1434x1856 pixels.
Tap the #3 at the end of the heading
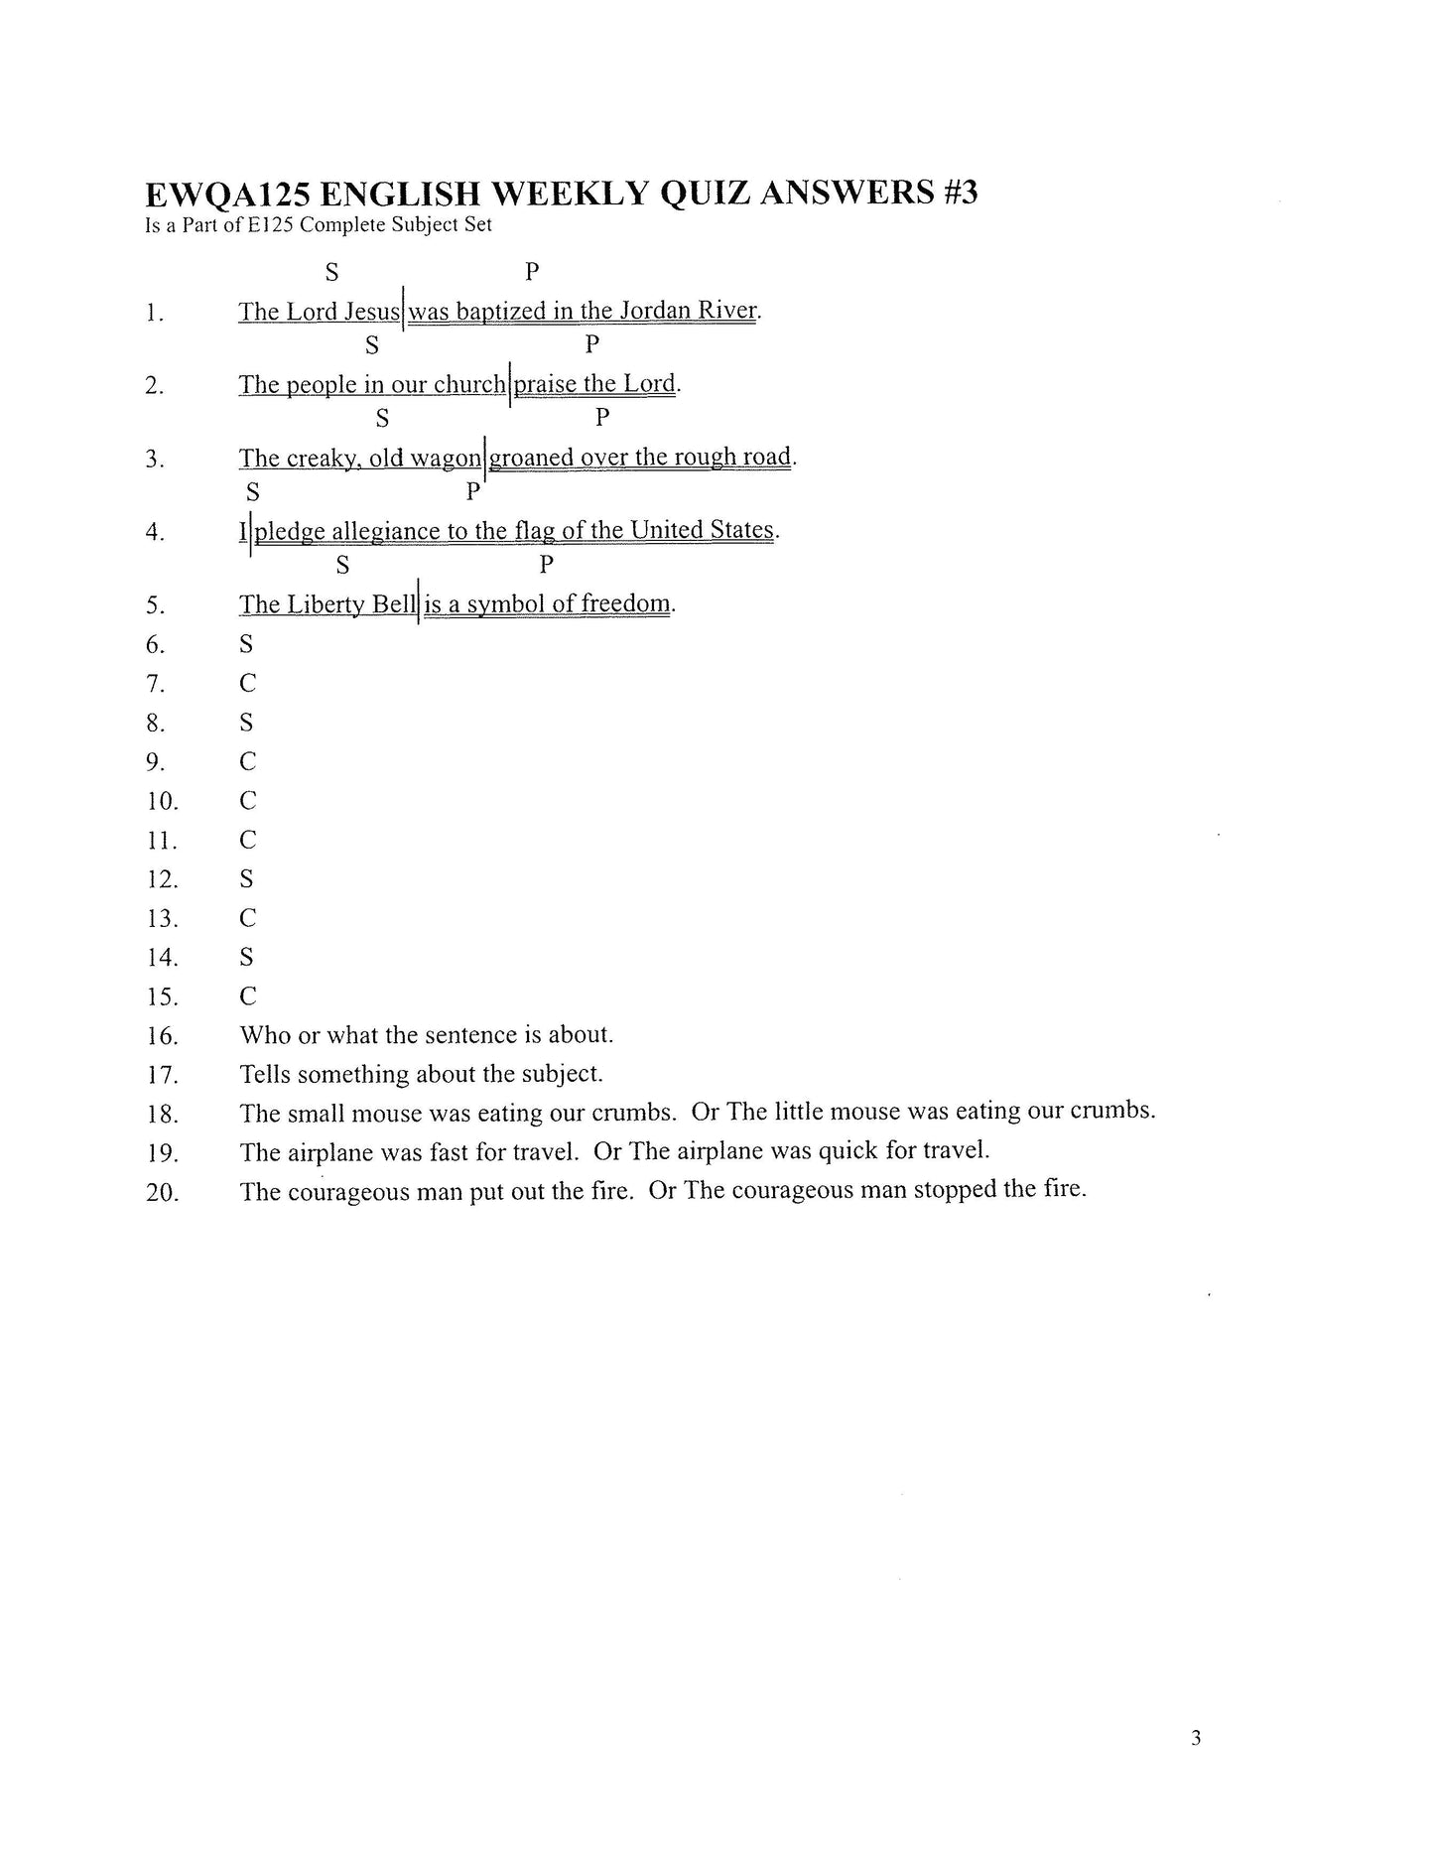pyautogui.click(x=956, y=192)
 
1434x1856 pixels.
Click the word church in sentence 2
pyautogui.click(x=470, y=384)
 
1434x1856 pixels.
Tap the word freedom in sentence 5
pyautogui.click(x=629, y=603)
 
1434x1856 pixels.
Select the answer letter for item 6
pyautogui.click(x=246, y=644)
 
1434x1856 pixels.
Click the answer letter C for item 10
pyautogui.click(x=247, y=800)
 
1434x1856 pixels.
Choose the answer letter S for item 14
pyautogui.click(x=246, y=957)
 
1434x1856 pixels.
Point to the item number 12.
pyautogui.click(x=161, y=879)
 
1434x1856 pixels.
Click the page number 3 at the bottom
pyautogui.click(x=1196, y=1738)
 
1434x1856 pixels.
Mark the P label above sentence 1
pyautogui.click(x=532, y=270)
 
